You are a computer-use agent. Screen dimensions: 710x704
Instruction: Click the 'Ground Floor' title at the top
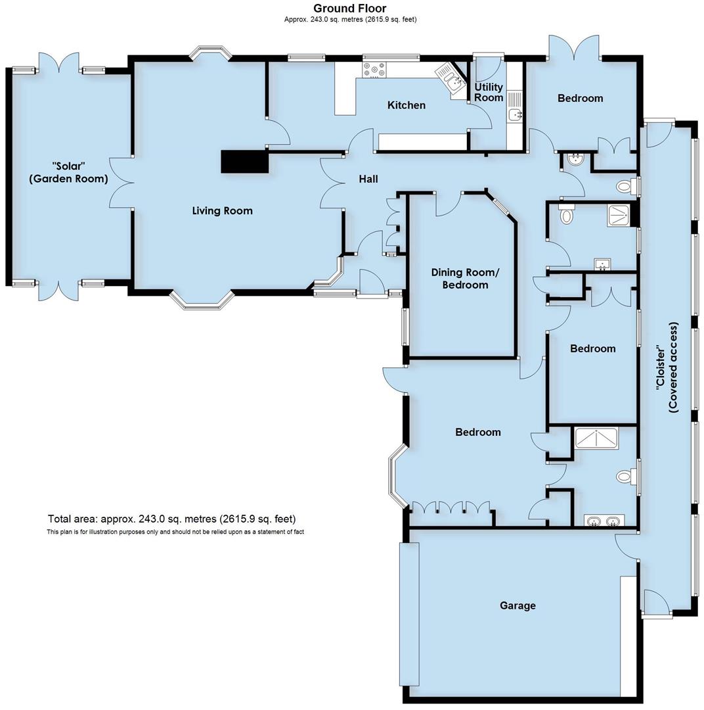pos(349,9)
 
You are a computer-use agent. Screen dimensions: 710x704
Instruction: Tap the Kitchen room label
pos(406,105)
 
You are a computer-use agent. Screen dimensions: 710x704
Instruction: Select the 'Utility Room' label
pos(489,92)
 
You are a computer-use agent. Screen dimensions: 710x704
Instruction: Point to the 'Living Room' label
pos(222,211)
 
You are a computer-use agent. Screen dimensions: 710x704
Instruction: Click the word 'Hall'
pos(368,179)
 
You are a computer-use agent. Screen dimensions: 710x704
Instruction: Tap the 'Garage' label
pos(517,605)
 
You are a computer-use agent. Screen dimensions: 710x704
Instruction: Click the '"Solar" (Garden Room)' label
pos(68,172)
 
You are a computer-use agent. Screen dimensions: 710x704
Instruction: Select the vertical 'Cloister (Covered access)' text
pos(666,367)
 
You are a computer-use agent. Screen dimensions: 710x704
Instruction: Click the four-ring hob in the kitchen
pos(375,69)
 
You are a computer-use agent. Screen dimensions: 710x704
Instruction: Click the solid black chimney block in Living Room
pos(244,162)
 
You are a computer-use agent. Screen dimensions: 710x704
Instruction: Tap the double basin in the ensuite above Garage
pos(604,522)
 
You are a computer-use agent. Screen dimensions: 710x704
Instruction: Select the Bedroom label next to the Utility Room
pos(580,99)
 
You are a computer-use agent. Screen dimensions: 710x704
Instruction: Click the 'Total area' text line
pos(171,519)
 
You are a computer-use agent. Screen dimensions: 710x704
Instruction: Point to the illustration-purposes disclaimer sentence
pos(175,532)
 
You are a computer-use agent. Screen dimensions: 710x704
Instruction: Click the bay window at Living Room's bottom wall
pos(202,300)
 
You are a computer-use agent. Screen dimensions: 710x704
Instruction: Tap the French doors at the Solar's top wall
pos(59,64)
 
